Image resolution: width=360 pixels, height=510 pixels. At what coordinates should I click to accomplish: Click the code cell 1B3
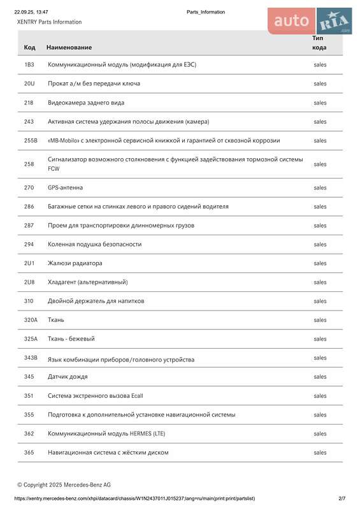[x=29, y=64]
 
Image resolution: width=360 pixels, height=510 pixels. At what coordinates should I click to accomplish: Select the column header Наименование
[x=69, y=47]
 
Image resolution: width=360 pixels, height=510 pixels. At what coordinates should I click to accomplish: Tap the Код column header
[x=29, y=47]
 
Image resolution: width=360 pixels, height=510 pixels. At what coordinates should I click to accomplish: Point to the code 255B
[x=31, y=140]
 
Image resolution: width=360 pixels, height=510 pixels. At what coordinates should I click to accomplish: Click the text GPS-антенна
[x=65, y=187]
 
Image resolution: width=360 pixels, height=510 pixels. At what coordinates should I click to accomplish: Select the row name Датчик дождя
[x=68, y=377]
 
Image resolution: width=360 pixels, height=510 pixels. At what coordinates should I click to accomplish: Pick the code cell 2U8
[x=29, y=282]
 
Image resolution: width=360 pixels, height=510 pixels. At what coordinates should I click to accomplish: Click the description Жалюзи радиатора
[x=75, y=263]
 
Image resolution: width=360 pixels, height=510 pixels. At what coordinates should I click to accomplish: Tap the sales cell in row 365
[x=320, y=453]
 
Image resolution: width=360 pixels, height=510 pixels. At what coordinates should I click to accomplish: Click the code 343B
[x=31, y=358]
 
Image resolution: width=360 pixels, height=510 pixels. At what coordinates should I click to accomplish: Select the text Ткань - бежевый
[x=76, y=339]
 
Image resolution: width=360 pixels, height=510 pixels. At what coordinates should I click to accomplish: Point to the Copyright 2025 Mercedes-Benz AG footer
[x=64, y=484]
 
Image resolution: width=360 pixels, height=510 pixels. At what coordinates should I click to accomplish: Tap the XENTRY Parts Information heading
[x=49, y=22]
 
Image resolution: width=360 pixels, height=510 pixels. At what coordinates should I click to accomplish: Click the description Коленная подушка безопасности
[x=94, y=244]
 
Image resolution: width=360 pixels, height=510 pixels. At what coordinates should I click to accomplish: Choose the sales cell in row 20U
[x=320, y=84]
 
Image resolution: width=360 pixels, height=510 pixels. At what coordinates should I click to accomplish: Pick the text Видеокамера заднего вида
[x=86, y=103]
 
